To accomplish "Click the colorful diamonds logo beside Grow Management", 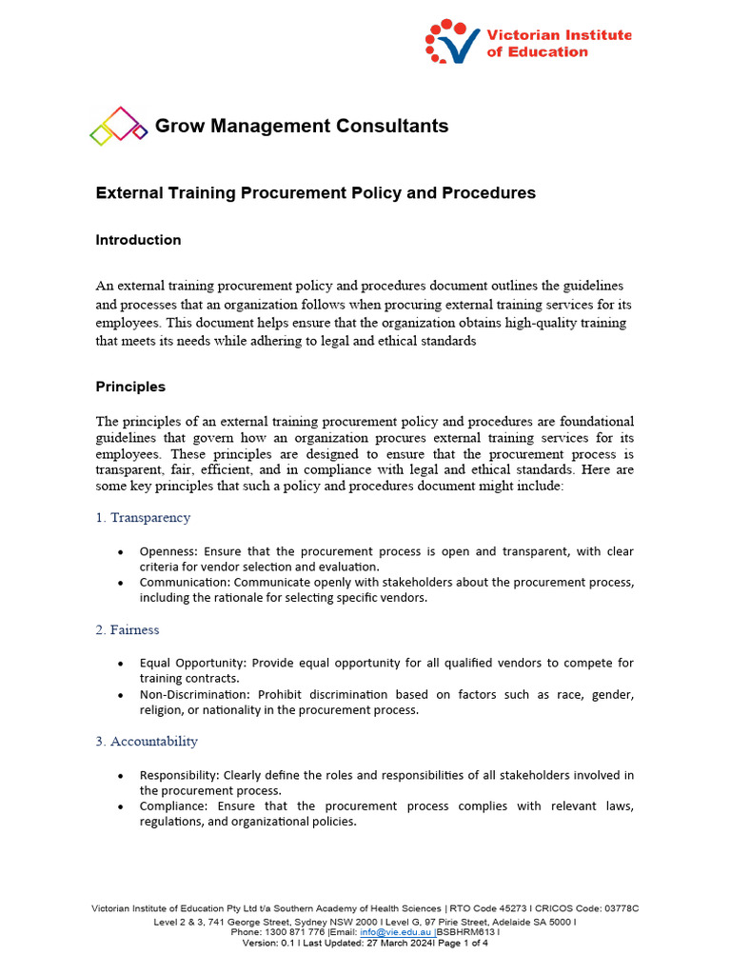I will [118, 126].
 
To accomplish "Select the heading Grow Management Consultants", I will [301, 126].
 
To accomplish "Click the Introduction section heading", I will [138, 240].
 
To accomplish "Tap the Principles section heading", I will [130, 387].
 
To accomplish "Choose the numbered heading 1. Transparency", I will [143, 518].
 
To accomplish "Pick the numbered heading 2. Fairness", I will [128, 629].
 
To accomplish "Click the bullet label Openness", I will [168, 551].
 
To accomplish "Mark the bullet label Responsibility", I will [179, 775].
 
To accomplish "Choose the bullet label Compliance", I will [173, 806].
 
